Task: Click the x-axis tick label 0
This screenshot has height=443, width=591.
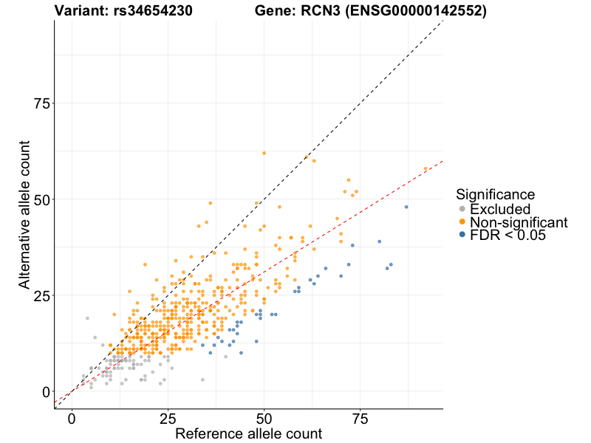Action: coord(72,419)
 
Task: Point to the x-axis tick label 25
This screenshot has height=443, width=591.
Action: coord(168,419)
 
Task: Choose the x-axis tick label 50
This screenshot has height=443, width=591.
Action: coord(264,419)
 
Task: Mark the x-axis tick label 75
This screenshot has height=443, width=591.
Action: coord(360,419)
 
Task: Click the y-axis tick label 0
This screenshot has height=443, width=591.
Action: coord(46,392)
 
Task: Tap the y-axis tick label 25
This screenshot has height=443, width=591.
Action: coord(41,296)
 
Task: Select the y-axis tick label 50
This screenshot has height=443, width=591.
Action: coord(41,200)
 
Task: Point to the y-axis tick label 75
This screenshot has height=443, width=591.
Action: coord(41,104)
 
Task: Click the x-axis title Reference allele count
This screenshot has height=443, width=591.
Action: coord(248,433)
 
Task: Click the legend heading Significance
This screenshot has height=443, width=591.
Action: coord(495,195)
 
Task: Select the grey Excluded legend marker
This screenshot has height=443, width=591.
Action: coord(462,210)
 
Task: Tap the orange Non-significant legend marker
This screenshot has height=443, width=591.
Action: coord(462,222)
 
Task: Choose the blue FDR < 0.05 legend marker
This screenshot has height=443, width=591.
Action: coord(462,235)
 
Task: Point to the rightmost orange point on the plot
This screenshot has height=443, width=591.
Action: coord(426,168)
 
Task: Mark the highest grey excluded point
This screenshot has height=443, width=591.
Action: coord(87,318)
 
